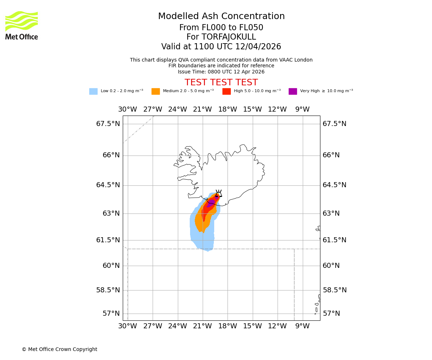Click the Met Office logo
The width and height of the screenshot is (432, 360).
click(x=22, y=25)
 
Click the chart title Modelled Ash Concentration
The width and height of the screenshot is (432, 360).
click(x=221, y=17)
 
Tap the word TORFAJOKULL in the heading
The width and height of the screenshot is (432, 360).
click(x=229, y=37)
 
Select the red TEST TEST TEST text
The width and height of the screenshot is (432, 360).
click(x=221, y=83)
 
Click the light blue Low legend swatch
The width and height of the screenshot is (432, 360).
click(x=93, y=91)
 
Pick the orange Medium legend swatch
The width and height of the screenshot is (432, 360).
click(x=156, y=91)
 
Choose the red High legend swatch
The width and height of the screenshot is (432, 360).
click(x=226, y=91)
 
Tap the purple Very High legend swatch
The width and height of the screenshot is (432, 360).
click(x=293, y=91)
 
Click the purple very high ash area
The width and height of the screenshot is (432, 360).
click(x=211, y=203)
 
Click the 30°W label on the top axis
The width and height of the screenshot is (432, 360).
click(x=127, y=109)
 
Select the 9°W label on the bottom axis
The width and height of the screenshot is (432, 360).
click(x=302, y=326)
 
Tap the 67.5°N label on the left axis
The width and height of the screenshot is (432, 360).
click(x=108, y=124)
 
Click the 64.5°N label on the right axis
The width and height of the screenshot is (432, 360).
click(x=334, y=185)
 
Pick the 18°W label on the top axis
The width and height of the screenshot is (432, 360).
click(x=228, y=109)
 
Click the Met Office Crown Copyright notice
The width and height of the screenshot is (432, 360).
click(x=59, y=349)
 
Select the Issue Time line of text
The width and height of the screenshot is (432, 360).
click(x=221, y=72)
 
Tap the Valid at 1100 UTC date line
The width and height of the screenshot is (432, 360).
click(x=221, y=47)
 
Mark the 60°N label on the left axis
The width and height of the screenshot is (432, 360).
click(x=111, y=266)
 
